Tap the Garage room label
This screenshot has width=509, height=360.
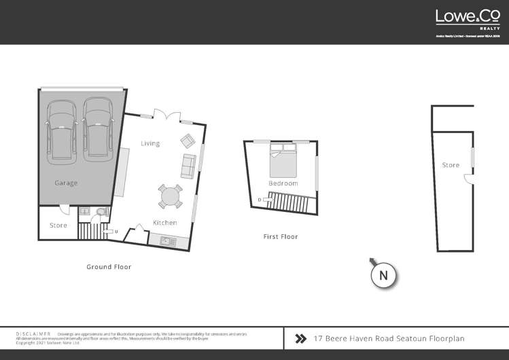(66, 183)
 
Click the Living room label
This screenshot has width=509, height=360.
(150, 143)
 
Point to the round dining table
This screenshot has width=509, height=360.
(170, 197)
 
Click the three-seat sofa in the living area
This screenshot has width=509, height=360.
(188, 166)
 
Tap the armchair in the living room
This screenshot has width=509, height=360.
(187, 141)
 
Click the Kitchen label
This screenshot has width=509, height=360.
(164, 223)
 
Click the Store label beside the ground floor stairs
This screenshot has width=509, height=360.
(58, 225)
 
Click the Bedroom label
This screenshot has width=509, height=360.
(283, 183)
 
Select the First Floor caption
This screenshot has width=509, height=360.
(280, 236)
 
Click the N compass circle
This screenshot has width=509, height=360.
(383, 275)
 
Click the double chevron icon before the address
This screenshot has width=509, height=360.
(300, 338)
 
